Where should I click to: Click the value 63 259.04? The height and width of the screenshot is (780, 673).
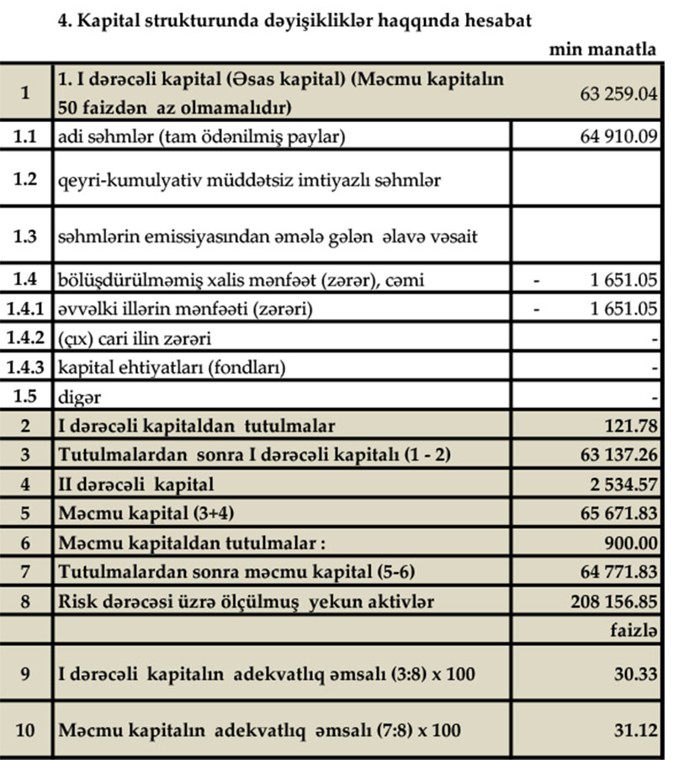617,93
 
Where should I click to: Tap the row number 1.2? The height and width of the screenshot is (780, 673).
26,179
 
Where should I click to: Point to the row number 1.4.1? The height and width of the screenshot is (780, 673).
26,310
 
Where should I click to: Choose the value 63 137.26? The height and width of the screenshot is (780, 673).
618,455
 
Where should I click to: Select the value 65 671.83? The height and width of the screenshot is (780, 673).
618,514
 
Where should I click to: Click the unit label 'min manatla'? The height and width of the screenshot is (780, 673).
602,50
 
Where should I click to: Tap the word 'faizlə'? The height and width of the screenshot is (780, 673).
633,630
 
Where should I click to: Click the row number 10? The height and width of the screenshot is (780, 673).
26,730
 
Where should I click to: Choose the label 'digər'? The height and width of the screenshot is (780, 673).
79,397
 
